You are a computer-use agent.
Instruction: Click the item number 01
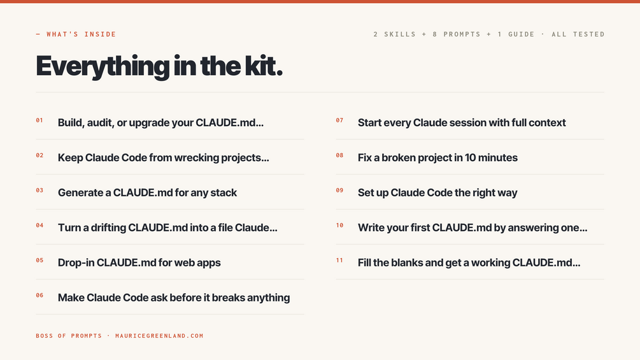point(39,120)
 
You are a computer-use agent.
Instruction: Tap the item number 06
point(39,296)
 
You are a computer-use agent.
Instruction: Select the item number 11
point(339,261)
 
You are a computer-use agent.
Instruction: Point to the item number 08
point(339,155)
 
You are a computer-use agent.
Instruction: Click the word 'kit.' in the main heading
point(263,66)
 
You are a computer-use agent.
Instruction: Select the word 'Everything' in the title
point(103,66)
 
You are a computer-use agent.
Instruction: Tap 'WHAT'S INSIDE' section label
point(82,34)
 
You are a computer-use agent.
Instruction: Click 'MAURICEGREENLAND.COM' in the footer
point(159,336)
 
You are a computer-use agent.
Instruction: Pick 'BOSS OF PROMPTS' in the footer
point(69,336)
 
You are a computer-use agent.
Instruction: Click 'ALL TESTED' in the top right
point(578,34)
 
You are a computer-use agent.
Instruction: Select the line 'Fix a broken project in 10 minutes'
point(437,157)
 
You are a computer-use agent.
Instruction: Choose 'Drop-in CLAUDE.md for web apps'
point(139,263)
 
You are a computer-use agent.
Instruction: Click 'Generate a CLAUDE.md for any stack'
point(147,192)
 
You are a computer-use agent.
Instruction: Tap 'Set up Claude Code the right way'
point(437,192)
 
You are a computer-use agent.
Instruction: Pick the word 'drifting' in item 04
point(108,227)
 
